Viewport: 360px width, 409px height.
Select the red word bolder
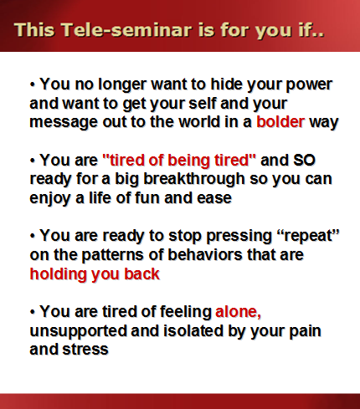tap(280, 121)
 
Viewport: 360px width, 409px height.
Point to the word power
tap(309, 85)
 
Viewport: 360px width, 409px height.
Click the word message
tap(64, 123)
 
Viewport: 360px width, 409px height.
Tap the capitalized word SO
tap(304, 161)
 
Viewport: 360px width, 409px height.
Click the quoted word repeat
tap(309, 237)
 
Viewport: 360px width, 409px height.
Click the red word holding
tap(59, 274)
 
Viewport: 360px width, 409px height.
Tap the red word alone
tap(238, 312)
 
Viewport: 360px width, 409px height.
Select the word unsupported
tap(79, 331)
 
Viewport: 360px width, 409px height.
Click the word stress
tap(85, 350)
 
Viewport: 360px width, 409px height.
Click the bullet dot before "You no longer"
tap(33, 84)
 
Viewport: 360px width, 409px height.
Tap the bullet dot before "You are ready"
tap(33, 237)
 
